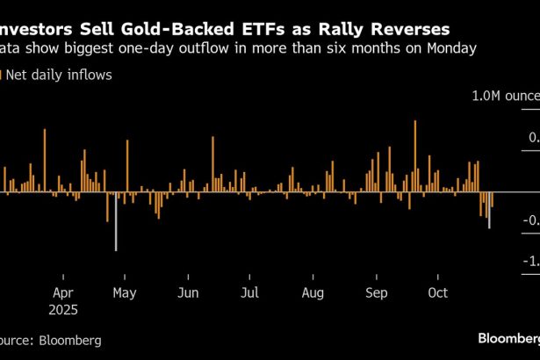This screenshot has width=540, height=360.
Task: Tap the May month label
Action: click(124, 292)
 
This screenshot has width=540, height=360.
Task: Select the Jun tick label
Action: click(187, 292)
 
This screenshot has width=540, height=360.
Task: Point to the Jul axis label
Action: click(249, 292)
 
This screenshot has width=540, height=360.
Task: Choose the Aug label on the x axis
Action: click(313, 292)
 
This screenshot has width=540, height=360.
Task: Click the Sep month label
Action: click(376, 292)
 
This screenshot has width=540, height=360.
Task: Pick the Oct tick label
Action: click(437, 292)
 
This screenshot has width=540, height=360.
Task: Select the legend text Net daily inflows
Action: click(60, 76)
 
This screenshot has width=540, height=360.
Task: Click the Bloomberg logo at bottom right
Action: click(507, 337)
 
